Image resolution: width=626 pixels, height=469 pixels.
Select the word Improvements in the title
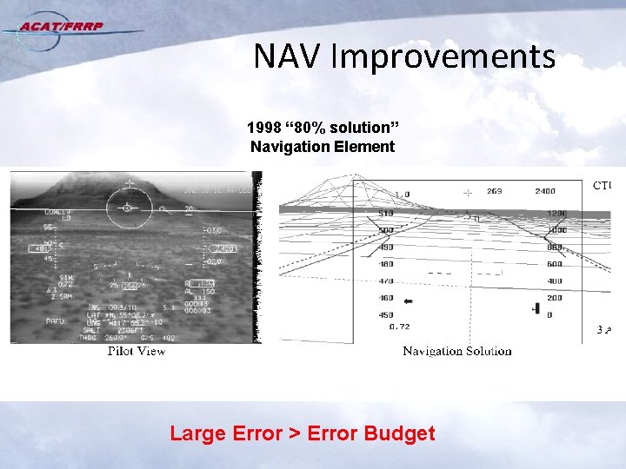[x=443, y=57]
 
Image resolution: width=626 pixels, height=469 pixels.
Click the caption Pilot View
[x=137, y=351]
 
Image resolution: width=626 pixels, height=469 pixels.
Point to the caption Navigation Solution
[x=456, y=351]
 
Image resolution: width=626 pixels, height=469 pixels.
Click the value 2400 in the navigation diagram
[x=545, y=191]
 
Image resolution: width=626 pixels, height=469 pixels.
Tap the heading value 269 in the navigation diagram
[x=494, y=191]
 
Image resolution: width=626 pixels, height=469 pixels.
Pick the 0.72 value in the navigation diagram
[x=400, y=327]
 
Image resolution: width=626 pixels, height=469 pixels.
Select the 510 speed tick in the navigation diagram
[x=386, y=213]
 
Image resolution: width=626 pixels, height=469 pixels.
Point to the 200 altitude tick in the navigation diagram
[x=554, y=298]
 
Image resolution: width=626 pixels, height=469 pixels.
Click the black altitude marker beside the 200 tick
[x=536, y=308]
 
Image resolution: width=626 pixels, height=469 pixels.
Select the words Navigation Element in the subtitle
[x=323, y=147]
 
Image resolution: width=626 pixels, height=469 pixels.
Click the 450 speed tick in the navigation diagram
[x=386, y=315]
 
